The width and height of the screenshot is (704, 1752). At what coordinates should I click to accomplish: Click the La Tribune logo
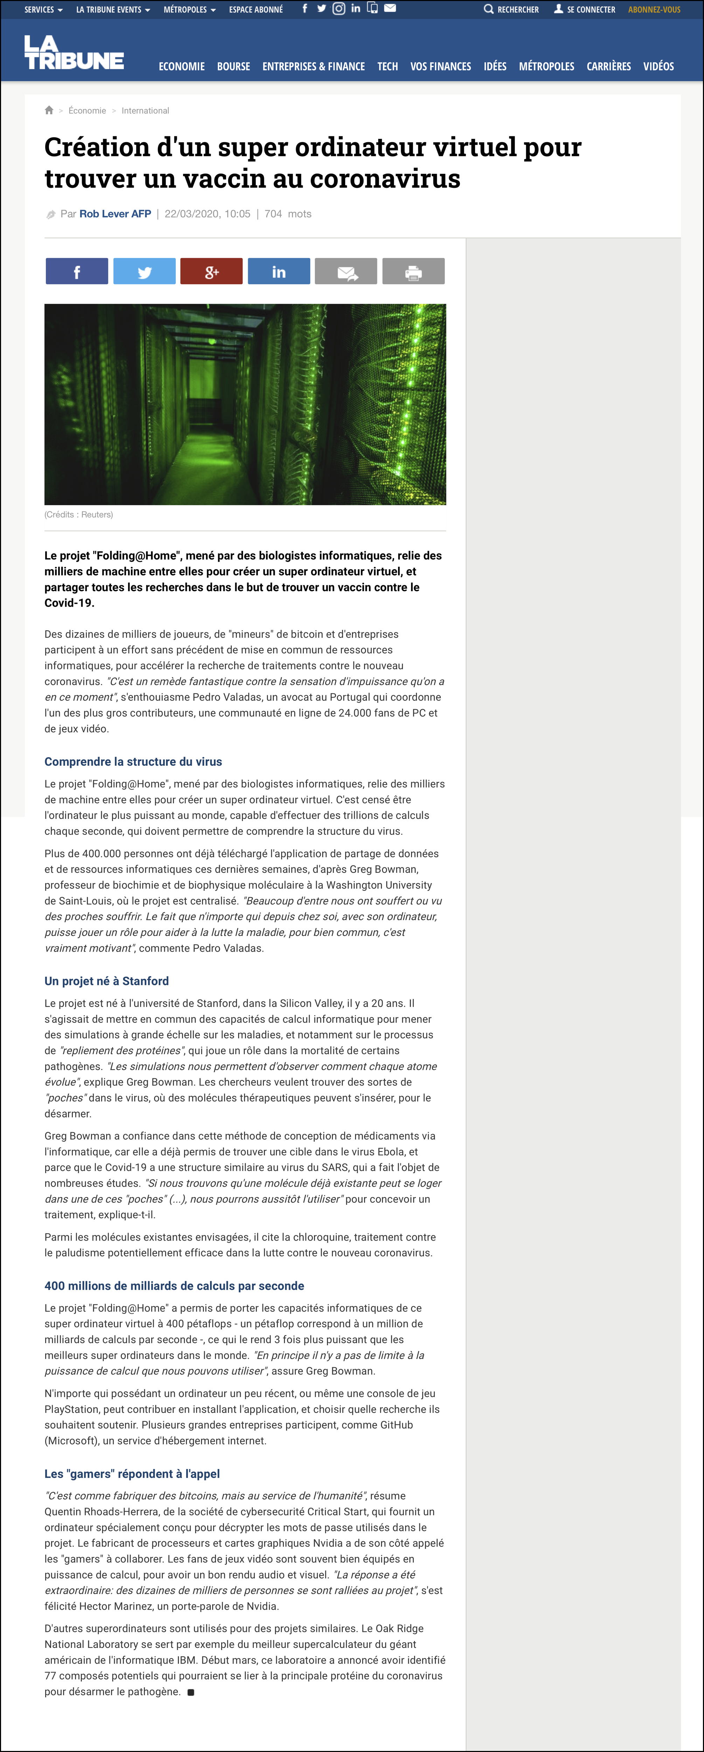[74, 52]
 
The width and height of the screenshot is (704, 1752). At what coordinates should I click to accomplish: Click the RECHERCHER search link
[511, 9]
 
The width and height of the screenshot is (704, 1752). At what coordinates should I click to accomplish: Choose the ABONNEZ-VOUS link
[654, 9]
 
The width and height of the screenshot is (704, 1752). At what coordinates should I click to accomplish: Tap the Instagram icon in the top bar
[339, 9]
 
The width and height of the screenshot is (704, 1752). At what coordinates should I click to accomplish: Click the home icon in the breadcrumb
[49, 110]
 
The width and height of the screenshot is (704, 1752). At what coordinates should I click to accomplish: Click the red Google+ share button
[211, 271]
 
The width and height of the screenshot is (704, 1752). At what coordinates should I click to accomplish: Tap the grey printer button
[413, 271]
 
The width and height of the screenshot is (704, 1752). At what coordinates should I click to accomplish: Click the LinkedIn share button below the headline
[279, 271]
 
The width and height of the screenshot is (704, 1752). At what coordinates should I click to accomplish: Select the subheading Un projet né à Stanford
[107, 981]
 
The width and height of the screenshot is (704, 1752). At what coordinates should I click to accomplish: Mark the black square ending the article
[191, 1692]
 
